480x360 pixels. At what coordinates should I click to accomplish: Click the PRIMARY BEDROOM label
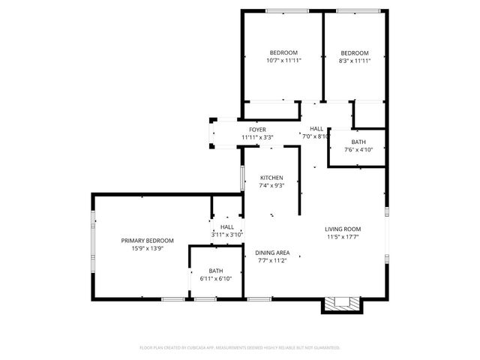coord(148,241)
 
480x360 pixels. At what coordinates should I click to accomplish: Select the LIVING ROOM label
coord(343,229)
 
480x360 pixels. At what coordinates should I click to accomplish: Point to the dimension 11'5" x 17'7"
coord(343,237)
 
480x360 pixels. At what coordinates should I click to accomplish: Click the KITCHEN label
coord(271,178)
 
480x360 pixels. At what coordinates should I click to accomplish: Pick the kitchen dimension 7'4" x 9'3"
coord(271,185)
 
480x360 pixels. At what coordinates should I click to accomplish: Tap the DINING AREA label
coord(272,253)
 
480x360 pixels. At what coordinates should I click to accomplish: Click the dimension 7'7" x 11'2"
coord(272,261)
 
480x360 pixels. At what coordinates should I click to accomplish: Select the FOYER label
coord(257,130)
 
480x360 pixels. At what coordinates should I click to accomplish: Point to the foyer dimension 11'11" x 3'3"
coord(257,137)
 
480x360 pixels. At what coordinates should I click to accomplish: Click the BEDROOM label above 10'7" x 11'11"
coord(283,52)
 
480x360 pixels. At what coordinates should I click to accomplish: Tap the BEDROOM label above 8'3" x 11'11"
coord(355,52)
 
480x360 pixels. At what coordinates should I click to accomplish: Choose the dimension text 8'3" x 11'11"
coord(355,61)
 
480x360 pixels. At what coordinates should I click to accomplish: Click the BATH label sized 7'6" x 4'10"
coord(358,142)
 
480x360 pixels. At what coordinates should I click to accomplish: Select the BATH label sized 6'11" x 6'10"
coord(216,271)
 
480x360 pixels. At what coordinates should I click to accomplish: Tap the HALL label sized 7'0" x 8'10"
coord(316,129)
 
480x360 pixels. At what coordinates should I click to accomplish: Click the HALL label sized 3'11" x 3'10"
coord(226,226)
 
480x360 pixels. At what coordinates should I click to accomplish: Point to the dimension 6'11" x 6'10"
coord(216,279)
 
